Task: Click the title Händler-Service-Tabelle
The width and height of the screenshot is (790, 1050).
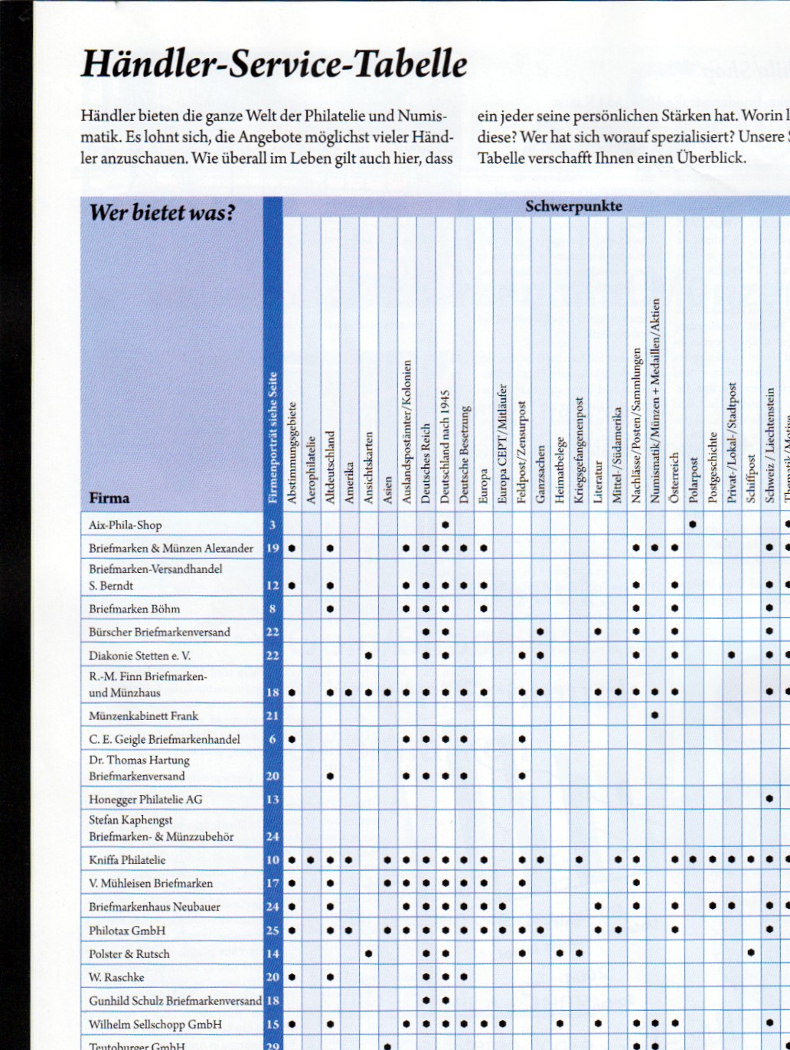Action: click(x=274, y=64)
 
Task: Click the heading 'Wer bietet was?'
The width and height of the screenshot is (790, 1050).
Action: click(x=162, y=212)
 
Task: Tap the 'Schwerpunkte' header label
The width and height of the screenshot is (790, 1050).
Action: click(x=573, y=206)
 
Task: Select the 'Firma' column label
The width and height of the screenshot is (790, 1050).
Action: click(x=109, y=498)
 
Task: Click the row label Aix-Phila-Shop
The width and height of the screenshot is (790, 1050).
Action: click(x=126, y=525)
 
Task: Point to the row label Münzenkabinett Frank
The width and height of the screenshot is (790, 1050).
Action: click(x=143, y=715)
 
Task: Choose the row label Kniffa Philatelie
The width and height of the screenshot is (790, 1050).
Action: click(x=127, y=859)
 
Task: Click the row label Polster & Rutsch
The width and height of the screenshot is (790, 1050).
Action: click(x=129, y=954)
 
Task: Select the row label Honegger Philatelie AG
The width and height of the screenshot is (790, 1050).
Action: click(x=145, y=799)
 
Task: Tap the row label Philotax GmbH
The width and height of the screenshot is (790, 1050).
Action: click(x=127, y=930)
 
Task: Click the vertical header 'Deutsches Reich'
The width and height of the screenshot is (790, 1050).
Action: click(x=426, y=463)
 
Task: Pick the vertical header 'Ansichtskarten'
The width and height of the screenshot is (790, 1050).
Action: click(x=368, y=467)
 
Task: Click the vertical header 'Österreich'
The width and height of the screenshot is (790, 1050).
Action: click(x=674, y=477)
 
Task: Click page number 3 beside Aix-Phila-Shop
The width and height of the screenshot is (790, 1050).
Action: click(x=273, y=525)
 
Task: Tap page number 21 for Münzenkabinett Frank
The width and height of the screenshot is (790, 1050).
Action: click(x=273, y=715)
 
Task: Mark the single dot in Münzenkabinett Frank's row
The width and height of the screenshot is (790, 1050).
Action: click(x=655, y=715)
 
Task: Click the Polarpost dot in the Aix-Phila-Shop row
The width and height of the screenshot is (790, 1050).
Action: click(x=694, y=525)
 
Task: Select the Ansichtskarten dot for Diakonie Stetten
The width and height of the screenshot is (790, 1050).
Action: click(x=368, y=656)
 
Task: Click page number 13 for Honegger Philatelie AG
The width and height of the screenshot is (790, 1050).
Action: click(x=273, y=799)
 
